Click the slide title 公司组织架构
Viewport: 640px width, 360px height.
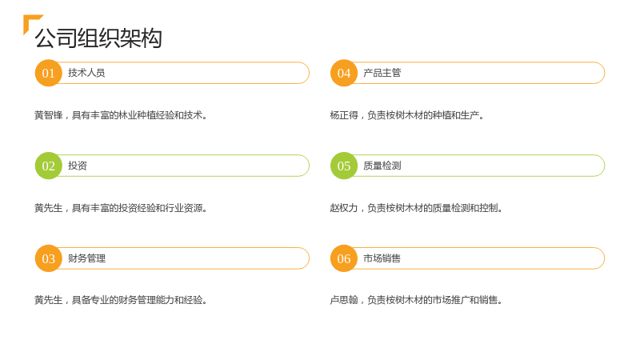pyautogui.click(x=98, y=38)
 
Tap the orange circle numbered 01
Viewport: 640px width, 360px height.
pyautogui.click(x=49, y=73)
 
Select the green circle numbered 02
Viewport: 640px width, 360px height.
pyautogui.click(x=49, y=166)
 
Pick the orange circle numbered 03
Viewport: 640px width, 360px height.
pyautogui.click(x=49, y=258)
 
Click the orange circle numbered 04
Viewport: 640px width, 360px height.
pyautogui.click(x=344, y=73)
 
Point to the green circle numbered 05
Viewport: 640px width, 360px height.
pyautogui.click(x=344, y=166)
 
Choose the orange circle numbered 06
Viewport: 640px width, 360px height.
pyautogui.click(x=344, y=258)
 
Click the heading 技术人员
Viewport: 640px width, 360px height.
pyautogui.click(x=86, y=73)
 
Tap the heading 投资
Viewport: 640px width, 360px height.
pyautogui.click(x=78, y=166)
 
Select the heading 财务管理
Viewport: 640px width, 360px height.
pyautogui.click(x=87, y=258)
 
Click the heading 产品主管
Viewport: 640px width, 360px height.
pyautogui.click(x=382, y=73)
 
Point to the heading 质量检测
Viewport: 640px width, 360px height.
pyautogui.click(x=382, y=166)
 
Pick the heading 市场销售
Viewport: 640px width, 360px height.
pyautogui.click(x=382, y=258)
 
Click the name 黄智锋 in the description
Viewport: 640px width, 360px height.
pyautogui.click(x=49, y=115)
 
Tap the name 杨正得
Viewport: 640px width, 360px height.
pyautogui.click(x=344, y=115)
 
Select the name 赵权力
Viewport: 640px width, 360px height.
pyautogui.click(x=344, y=208)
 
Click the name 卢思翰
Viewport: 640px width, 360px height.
pyautogui.click(x=344, y=300)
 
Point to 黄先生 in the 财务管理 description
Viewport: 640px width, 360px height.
pyautogui.click(x=49, y=300)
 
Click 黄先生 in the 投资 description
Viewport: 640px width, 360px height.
pyautogui.click(x=49, y=208)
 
